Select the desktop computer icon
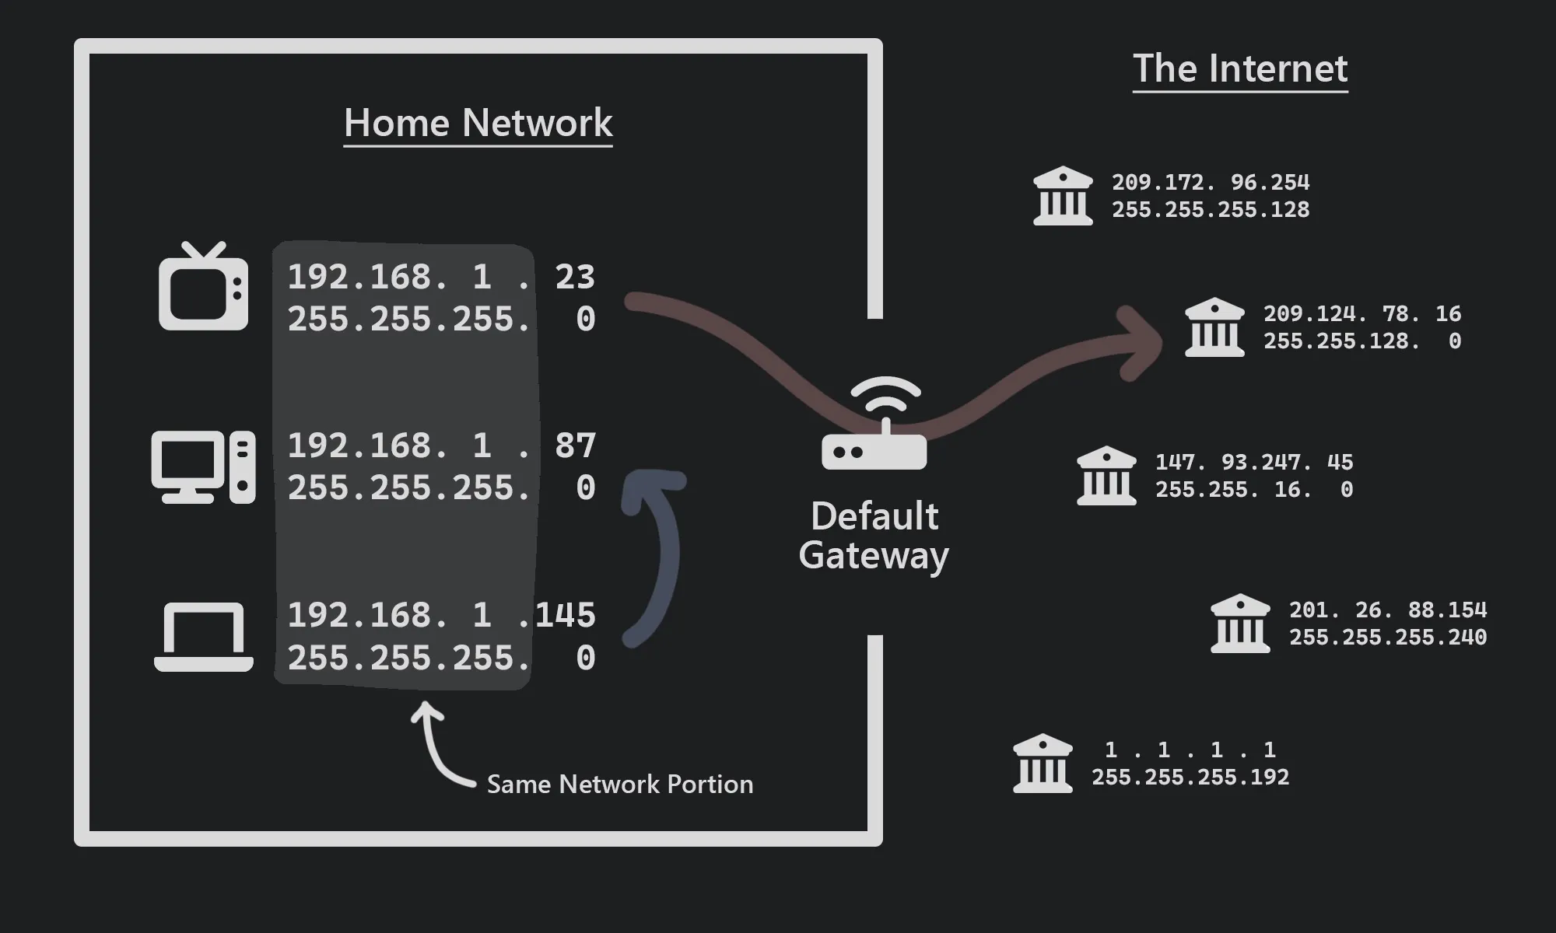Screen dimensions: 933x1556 tap(203, 466)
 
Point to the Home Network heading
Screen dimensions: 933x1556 tap(478, 123)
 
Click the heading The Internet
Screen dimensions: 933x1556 tap(1239, 68)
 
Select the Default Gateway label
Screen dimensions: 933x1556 tap(874, 536)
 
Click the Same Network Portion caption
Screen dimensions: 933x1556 tap(619, 784)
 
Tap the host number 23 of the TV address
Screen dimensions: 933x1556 tap(575, 277)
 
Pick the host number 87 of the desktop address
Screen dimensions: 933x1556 tap(575, 446)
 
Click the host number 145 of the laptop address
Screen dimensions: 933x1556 tap(566, 615)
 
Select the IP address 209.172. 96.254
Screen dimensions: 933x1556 tap(1210, 182)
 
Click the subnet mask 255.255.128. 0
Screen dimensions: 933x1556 tap(1361, 341)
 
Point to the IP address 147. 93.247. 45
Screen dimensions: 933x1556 tap(1253, 462)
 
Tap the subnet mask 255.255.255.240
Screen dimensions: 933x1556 tap(1387, 637)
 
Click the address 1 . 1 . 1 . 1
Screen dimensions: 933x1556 tap(1190, 750)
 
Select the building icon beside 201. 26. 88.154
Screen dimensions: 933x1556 tap(1240, 624)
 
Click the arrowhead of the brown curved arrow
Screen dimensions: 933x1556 tap(1140, 342)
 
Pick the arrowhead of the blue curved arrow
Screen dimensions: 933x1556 tap(650, 486)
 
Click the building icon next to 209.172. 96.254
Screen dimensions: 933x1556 tap(1063, 196)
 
